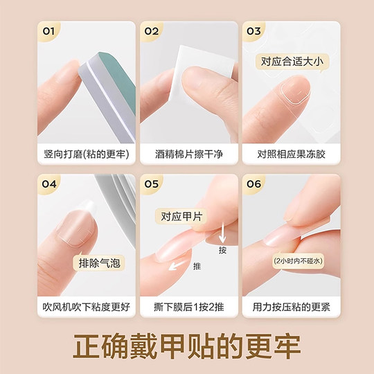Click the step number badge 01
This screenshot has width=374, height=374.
point(48,31)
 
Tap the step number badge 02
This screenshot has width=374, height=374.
point(151,31)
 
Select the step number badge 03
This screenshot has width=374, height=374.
point(253,31)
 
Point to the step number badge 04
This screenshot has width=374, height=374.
point(48,184)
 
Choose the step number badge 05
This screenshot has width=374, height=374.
point(151,184)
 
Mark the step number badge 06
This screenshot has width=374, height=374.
point(253,184)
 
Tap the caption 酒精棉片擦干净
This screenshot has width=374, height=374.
point(187,152)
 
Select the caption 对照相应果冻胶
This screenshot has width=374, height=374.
point(290,152)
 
